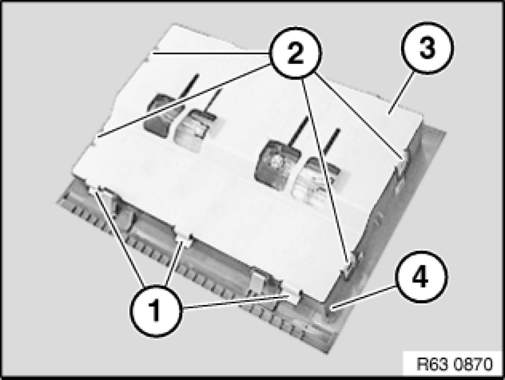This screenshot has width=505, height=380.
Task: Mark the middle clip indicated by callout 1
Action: point(184,240)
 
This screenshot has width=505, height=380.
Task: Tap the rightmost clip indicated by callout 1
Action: point(293,295)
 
